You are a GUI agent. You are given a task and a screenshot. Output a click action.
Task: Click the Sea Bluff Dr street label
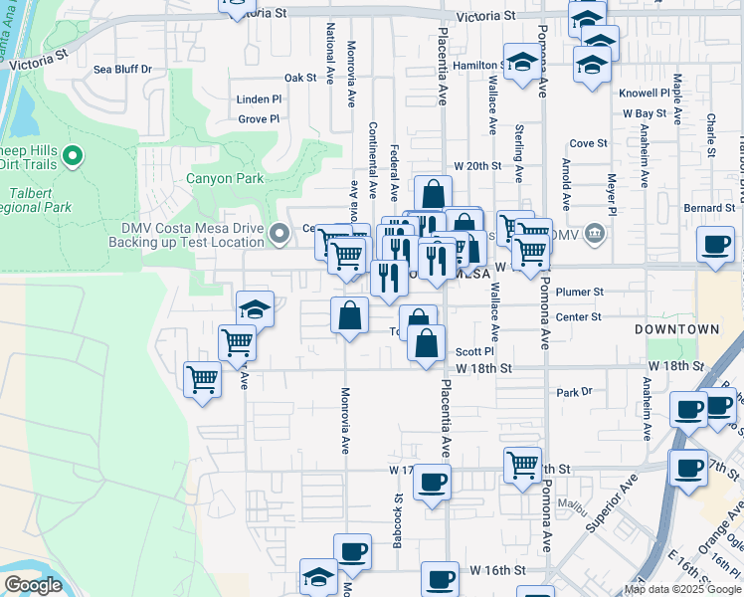(122, 70)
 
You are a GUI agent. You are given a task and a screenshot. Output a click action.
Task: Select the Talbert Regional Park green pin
(73, 156)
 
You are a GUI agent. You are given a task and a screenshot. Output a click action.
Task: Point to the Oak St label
(299, 78)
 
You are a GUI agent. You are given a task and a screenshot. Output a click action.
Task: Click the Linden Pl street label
(259, 100)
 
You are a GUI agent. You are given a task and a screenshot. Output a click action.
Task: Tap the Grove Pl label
(259, 119)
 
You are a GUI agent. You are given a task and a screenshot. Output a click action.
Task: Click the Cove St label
(588, 143)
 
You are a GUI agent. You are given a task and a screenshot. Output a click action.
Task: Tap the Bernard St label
(709, 208)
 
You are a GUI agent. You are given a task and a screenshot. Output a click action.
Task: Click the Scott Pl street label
(474, 352)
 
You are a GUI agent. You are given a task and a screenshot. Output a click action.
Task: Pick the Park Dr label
(574, 392)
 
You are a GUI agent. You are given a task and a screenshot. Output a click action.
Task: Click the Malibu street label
(576, 505)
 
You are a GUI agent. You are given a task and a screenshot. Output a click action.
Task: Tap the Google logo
(33, 586)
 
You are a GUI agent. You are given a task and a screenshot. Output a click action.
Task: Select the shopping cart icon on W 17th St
(522, 463)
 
